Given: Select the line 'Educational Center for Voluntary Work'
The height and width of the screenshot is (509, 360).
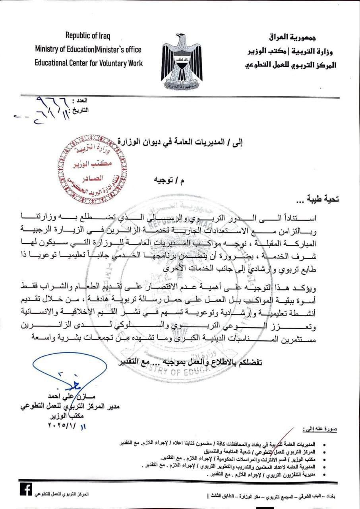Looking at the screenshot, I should (89, 63).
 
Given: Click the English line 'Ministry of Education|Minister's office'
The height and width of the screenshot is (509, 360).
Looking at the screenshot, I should (88, 50).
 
